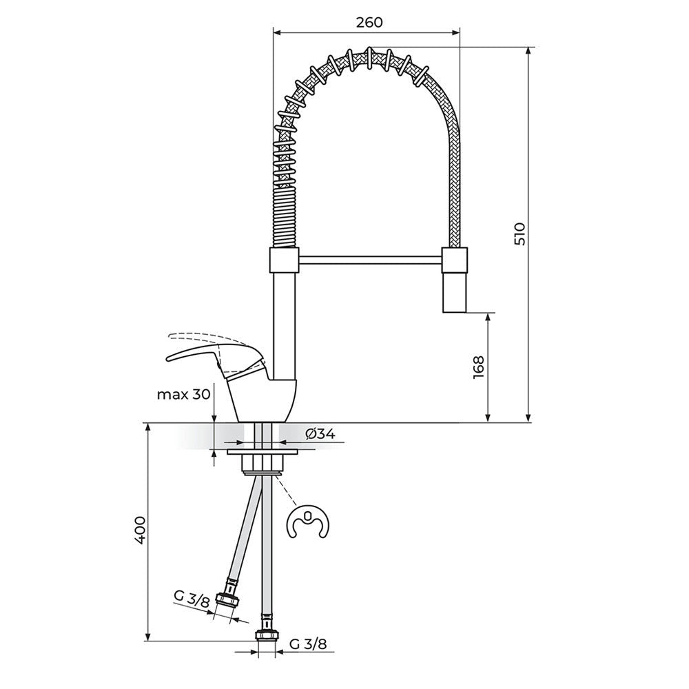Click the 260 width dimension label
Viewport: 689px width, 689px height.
click(x=369, y=23)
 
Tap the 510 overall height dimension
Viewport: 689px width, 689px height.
click(x=520, y=234)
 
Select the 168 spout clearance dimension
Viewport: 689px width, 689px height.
click(x=479, y=367)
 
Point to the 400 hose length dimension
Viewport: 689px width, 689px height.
click(x=140, y=531)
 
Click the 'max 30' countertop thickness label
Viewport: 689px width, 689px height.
click(x=184, y=395)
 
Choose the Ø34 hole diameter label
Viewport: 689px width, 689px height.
click(x=320, y=434)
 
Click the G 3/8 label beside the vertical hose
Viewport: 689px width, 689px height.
click(x=308, y=645)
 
